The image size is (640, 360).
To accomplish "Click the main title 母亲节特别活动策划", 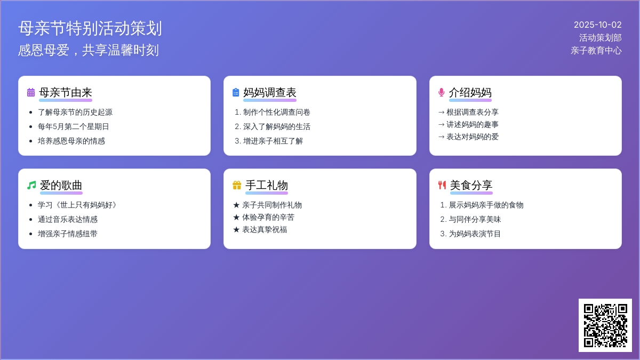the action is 90,29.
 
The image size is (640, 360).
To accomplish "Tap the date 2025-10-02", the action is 598,25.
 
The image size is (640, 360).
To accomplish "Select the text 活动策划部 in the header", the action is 601,38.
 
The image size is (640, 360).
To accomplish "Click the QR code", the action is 605,325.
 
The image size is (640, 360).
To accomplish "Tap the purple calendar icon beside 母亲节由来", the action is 31,93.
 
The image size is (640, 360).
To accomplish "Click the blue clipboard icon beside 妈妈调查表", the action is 236,93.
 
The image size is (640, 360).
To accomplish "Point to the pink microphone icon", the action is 442,93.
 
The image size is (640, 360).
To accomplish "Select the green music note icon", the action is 31,185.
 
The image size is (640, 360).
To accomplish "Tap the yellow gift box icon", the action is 237,185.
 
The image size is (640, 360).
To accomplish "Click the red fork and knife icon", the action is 442,185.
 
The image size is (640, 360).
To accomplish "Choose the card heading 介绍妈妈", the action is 470,93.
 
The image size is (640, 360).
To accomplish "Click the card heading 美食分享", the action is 471,185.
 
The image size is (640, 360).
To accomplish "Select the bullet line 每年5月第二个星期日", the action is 74,126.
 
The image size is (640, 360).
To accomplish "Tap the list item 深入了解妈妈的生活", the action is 277,126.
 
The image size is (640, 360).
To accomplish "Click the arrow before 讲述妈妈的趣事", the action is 442,125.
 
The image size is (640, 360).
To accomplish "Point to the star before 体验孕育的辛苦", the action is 236,218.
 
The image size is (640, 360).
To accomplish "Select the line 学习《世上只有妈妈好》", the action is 77,205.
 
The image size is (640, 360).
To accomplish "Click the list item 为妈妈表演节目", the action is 475,234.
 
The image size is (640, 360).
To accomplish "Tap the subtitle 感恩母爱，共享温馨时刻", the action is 89,50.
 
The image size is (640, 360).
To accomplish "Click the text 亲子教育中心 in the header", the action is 596,51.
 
